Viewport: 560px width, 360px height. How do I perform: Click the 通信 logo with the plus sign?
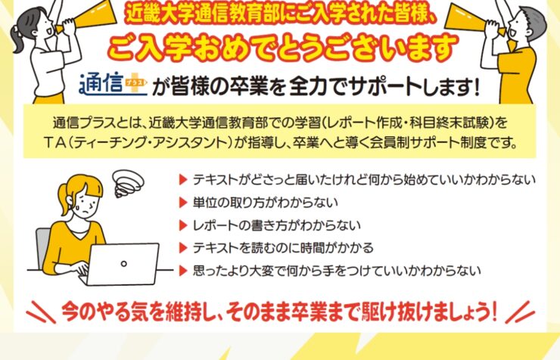pyautogui.click(x=113, y=85)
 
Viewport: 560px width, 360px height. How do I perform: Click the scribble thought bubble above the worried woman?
pyautogui.click(x=128, y=183)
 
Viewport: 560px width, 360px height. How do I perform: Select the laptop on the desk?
pyautogui.click(x=122, y=264)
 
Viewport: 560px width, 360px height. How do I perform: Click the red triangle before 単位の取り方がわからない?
pyautogui.click(x=183, y=203)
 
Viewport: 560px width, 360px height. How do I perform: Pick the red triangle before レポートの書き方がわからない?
pyautogui.click(x=183, y=225)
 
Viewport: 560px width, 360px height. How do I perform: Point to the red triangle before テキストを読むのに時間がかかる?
pyautogui.click(x=183, y=248)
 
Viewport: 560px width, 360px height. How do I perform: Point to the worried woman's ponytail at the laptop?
pyautogui.click(x=64, y=200)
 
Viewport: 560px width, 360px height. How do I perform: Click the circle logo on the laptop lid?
pyautogui.click(x=124, y=264)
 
